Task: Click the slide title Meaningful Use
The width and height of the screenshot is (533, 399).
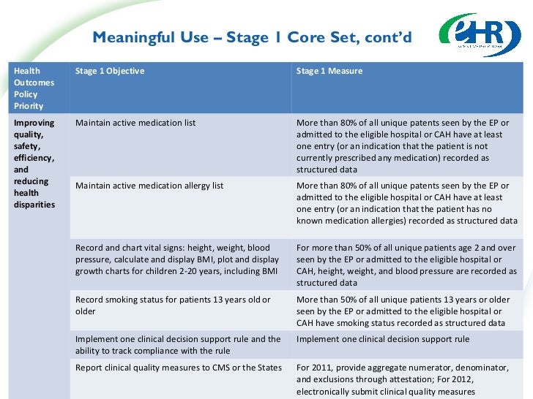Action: [x=252, y=37]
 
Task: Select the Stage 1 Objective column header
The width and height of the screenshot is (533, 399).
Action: [x=110, y=71]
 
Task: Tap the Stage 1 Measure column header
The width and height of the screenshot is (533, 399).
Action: [x=329, y=71]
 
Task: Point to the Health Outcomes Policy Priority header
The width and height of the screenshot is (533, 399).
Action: [x=34, y=88]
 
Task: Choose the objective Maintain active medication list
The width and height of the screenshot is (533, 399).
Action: [x=135, y=123]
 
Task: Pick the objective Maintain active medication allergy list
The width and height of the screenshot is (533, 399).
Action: [x=149, y=186]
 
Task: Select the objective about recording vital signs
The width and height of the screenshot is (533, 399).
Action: [x=177, y=259]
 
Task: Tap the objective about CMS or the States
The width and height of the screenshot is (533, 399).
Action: [x=179, y=368]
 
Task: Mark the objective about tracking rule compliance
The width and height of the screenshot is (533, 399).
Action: [x=178, y=345]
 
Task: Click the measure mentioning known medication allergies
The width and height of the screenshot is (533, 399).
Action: [x=406, y=203]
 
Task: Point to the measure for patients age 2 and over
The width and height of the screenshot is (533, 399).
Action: [x=406, y=265]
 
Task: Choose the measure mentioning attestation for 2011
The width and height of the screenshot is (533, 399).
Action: [x=406, y=379]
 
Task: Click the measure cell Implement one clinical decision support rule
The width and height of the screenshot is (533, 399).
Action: [x=383, y=339]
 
